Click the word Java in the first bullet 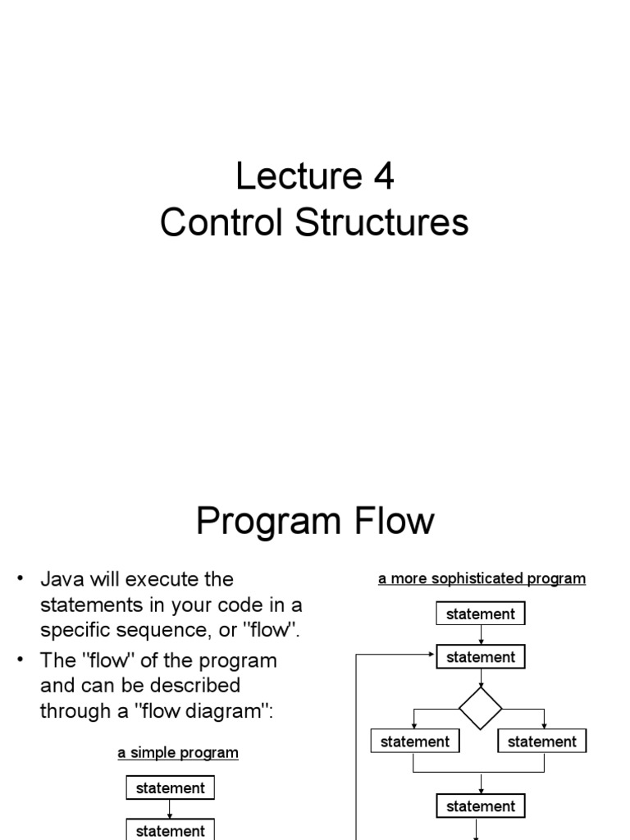[x=61, y=579]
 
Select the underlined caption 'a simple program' [x=177, y=752]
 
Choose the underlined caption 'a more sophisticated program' [x=482, y=579]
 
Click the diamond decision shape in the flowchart [x=481, y=708]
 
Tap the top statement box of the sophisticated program [x=481, y=614]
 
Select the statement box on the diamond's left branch [x=415, y=742]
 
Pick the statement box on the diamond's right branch [x=542, y=742]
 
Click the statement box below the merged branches [x=481, y=806]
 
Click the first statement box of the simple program [x=170, y=788]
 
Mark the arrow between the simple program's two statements [x=170, y=809]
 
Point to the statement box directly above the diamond [x=481, y=657]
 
